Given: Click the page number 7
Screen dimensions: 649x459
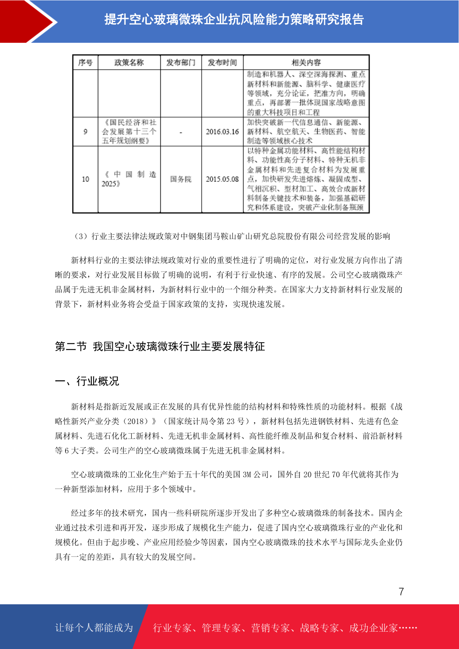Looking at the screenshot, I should [401, 592].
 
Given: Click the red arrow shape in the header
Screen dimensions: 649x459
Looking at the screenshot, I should [27, 21].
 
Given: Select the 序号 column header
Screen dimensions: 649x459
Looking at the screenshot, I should [85, 62].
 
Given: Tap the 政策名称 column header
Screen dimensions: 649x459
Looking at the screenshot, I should [129, 62].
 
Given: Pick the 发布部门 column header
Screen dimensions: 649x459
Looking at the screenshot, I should [181, 62].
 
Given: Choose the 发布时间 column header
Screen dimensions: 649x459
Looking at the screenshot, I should [222, 62].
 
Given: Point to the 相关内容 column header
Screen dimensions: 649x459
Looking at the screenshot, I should [306, 62].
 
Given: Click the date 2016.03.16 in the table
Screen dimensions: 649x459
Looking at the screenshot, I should [222, 132].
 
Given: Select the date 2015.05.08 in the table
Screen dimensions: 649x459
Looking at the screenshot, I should [222, 179].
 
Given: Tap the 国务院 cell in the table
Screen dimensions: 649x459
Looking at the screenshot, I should [181, 179].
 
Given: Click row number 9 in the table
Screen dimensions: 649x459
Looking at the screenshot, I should [85, 132].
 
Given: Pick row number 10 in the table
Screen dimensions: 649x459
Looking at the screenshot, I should [85, 179].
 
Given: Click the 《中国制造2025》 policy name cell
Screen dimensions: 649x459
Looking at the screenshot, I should [129, 179].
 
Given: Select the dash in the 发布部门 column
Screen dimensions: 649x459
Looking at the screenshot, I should [181, 132].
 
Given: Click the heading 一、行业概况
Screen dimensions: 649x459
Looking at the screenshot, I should [87, 381].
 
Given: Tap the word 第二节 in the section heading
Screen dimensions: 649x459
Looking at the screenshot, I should [71, 346].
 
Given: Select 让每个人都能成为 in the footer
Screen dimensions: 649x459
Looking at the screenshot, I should [94, 628].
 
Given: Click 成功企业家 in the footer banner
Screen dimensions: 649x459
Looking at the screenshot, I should [373, 628].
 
